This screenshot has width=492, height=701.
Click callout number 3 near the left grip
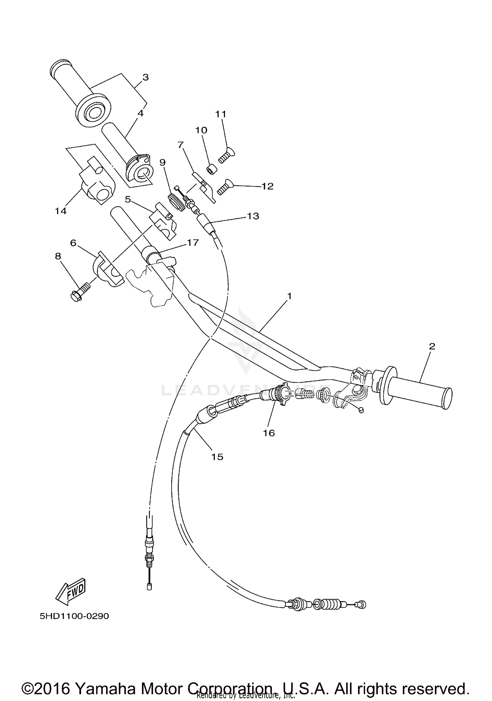point(146,77)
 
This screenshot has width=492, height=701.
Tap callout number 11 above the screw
point(221,114)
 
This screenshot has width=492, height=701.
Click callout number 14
point(61,211)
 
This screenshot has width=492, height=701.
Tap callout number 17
point(193,242)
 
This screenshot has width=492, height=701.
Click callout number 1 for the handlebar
point(289,296)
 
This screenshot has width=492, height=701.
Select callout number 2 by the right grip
point(432,346)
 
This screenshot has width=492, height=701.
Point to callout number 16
point(269,433)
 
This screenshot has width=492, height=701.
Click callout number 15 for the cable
point(217,457)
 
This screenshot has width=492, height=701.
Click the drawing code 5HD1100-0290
point(74,616)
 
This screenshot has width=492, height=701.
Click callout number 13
point(253,216)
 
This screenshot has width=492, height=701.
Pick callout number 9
point(163,162)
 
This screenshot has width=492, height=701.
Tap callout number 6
point(73,243)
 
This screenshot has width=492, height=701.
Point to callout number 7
point(180,144)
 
